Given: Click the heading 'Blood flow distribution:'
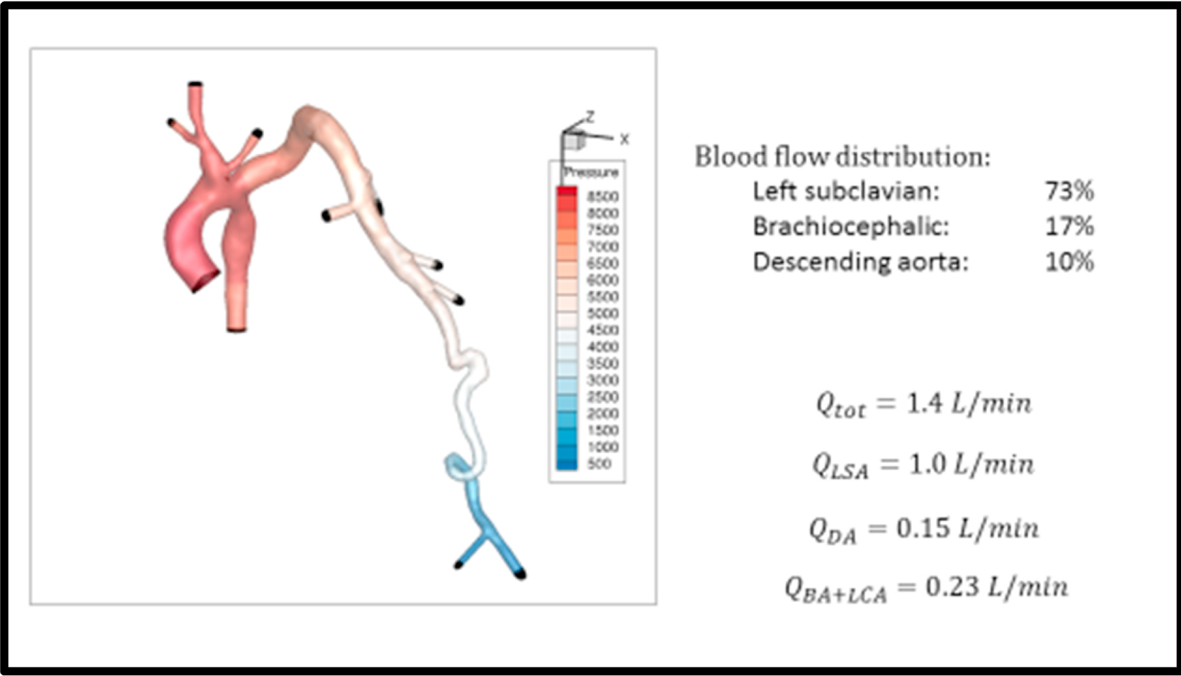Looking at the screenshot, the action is (842, 157).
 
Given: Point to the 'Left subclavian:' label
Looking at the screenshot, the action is (846, 191).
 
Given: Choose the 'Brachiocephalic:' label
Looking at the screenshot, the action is (851, 227).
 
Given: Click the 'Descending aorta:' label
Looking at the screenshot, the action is (860, 262).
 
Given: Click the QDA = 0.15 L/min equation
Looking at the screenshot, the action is (923, 530).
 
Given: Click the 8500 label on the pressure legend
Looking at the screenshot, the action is (603, 197).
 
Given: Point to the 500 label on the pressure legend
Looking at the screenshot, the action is (599, 463).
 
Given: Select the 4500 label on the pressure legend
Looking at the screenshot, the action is (603, 330).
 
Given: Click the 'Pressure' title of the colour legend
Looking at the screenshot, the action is (591, 173).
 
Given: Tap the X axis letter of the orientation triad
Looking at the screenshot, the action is (624, 139).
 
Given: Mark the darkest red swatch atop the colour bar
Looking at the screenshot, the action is (567, 191).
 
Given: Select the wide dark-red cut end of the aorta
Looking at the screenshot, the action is (206, 281).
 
